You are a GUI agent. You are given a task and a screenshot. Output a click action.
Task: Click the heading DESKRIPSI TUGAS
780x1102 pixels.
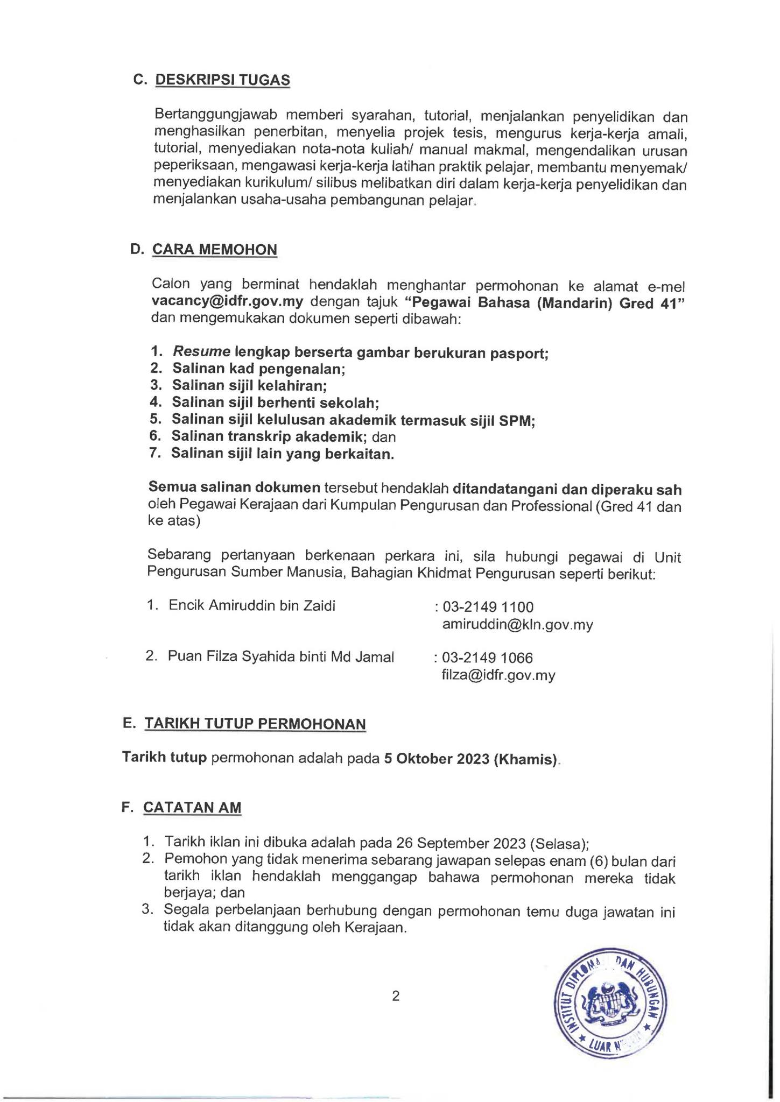click(x=222, y=80)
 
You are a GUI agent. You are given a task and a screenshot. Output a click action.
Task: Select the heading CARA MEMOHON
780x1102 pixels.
click(x=215, y=250)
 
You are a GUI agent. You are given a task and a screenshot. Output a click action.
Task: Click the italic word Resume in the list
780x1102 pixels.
click(x=201, y=352)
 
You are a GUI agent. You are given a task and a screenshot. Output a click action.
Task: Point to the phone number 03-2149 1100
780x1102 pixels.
click(x=488, y=607)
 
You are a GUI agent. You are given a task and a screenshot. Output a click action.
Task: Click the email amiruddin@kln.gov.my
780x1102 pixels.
click(x=517, y=625)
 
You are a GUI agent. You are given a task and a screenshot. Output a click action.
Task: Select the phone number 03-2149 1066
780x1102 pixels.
click(x=487, y=658)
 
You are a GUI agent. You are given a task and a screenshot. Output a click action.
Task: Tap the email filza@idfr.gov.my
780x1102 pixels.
click(x=498, y=675)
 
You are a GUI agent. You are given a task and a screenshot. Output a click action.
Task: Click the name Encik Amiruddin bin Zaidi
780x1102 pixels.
click(x=252, y=606)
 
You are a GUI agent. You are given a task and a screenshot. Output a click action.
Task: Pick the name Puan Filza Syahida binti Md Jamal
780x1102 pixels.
click(x=281, y=656)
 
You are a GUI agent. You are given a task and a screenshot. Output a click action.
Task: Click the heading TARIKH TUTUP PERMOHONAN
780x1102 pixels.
click(x=255, y=724)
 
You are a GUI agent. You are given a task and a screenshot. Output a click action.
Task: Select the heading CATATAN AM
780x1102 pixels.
click(x=192, y=808)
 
